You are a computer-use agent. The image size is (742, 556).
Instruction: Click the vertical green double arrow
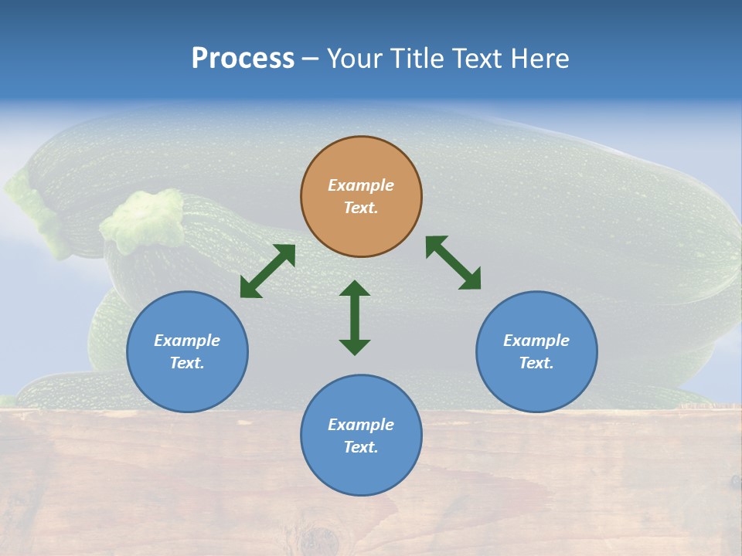coord(355,318)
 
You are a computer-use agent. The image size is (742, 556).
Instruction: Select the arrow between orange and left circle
coord(267,271)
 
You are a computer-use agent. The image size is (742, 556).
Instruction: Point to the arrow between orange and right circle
coord(454,263)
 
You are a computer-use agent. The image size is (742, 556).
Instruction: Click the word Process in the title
coord(243,58)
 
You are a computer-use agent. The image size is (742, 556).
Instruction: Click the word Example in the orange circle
coord(361,185)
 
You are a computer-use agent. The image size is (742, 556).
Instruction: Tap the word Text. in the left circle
coord(187,363)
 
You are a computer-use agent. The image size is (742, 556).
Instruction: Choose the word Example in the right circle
coord(536,341)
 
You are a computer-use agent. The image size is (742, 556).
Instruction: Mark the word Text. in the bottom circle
coord(361,447)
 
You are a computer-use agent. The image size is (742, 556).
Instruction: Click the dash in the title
coord(310,59)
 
